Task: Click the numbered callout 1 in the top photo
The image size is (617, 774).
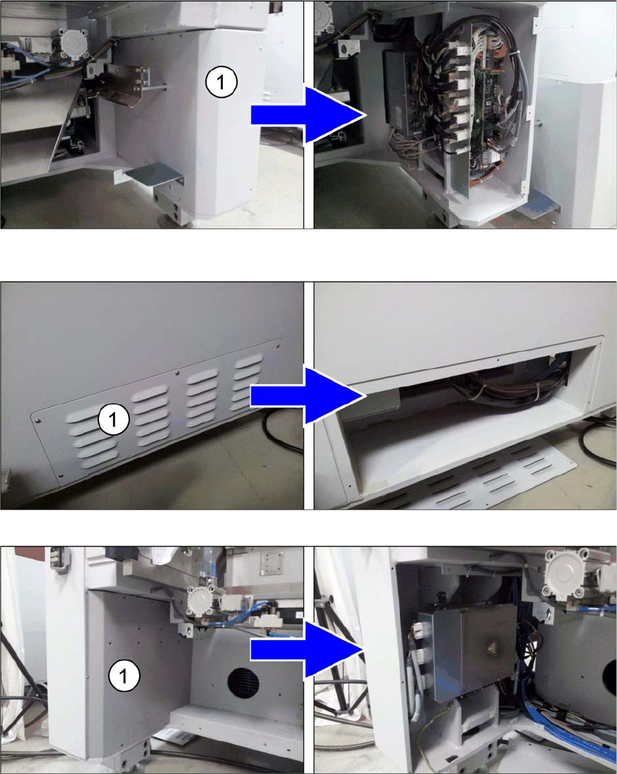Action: (222, 82)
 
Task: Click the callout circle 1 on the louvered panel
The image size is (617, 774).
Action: (113, 420)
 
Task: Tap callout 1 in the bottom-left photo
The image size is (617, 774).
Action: (124, 676)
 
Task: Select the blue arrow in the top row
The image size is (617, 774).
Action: (308, 115)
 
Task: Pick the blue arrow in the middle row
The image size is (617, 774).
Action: (308, 395)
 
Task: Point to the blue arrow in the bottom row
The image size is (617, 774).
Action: (308, 650)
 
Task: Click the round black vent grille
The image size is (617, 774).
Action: (243, 683)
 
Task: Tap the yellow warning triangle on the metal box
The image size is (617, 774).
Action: (492, 647)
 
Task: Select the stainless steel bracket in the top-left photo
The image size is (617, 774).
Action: (122, 84)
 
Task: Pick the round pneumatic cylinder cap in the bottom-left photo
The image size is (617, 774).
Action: (202, 604)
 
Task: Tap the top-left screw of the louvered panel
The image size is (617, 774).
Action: (37, 421)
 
